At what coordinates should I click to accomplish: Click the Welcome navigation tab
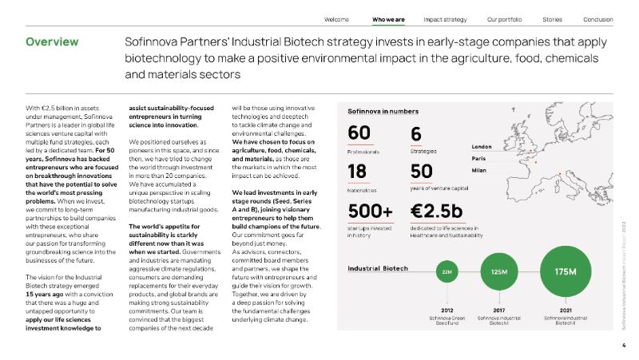tap(338, 18)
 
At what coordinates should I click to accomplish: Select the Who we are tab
tap(388, 18)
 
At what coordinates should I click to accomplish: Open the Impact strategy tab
tap(445, 18)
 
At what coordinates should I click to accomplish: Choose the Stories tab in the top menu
tap(552, 18)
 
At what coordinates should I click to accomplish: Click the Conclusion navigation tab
tap(598, 18)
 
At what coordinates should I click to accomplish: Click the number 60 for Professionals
tap(359, 135)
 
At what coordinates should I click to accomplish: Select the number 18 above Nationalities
tap(358, 172)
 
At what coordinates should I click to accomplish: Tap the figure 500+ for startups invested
tap(371, 212)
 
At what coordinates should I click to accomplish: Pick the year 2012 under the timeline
tap(447, 309)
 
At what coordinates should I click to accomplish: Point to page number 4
tap(623, 346)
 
